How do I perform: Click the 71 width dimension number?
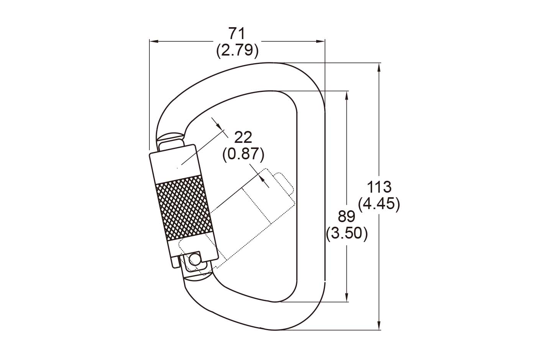pos(236,33)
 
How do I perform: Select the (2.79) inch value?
pos(237,51)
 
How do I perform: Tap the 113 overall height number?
pos(379,187)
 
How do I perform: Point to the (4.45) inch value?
pos(379,204)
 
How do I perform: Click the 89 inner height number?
pos(346,216)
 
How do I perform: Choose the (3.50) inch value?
pos(347,234)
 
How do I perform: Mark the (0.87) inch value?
pos(243,155)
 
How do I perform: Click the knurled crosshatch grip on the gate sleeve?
pos(184,208)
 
